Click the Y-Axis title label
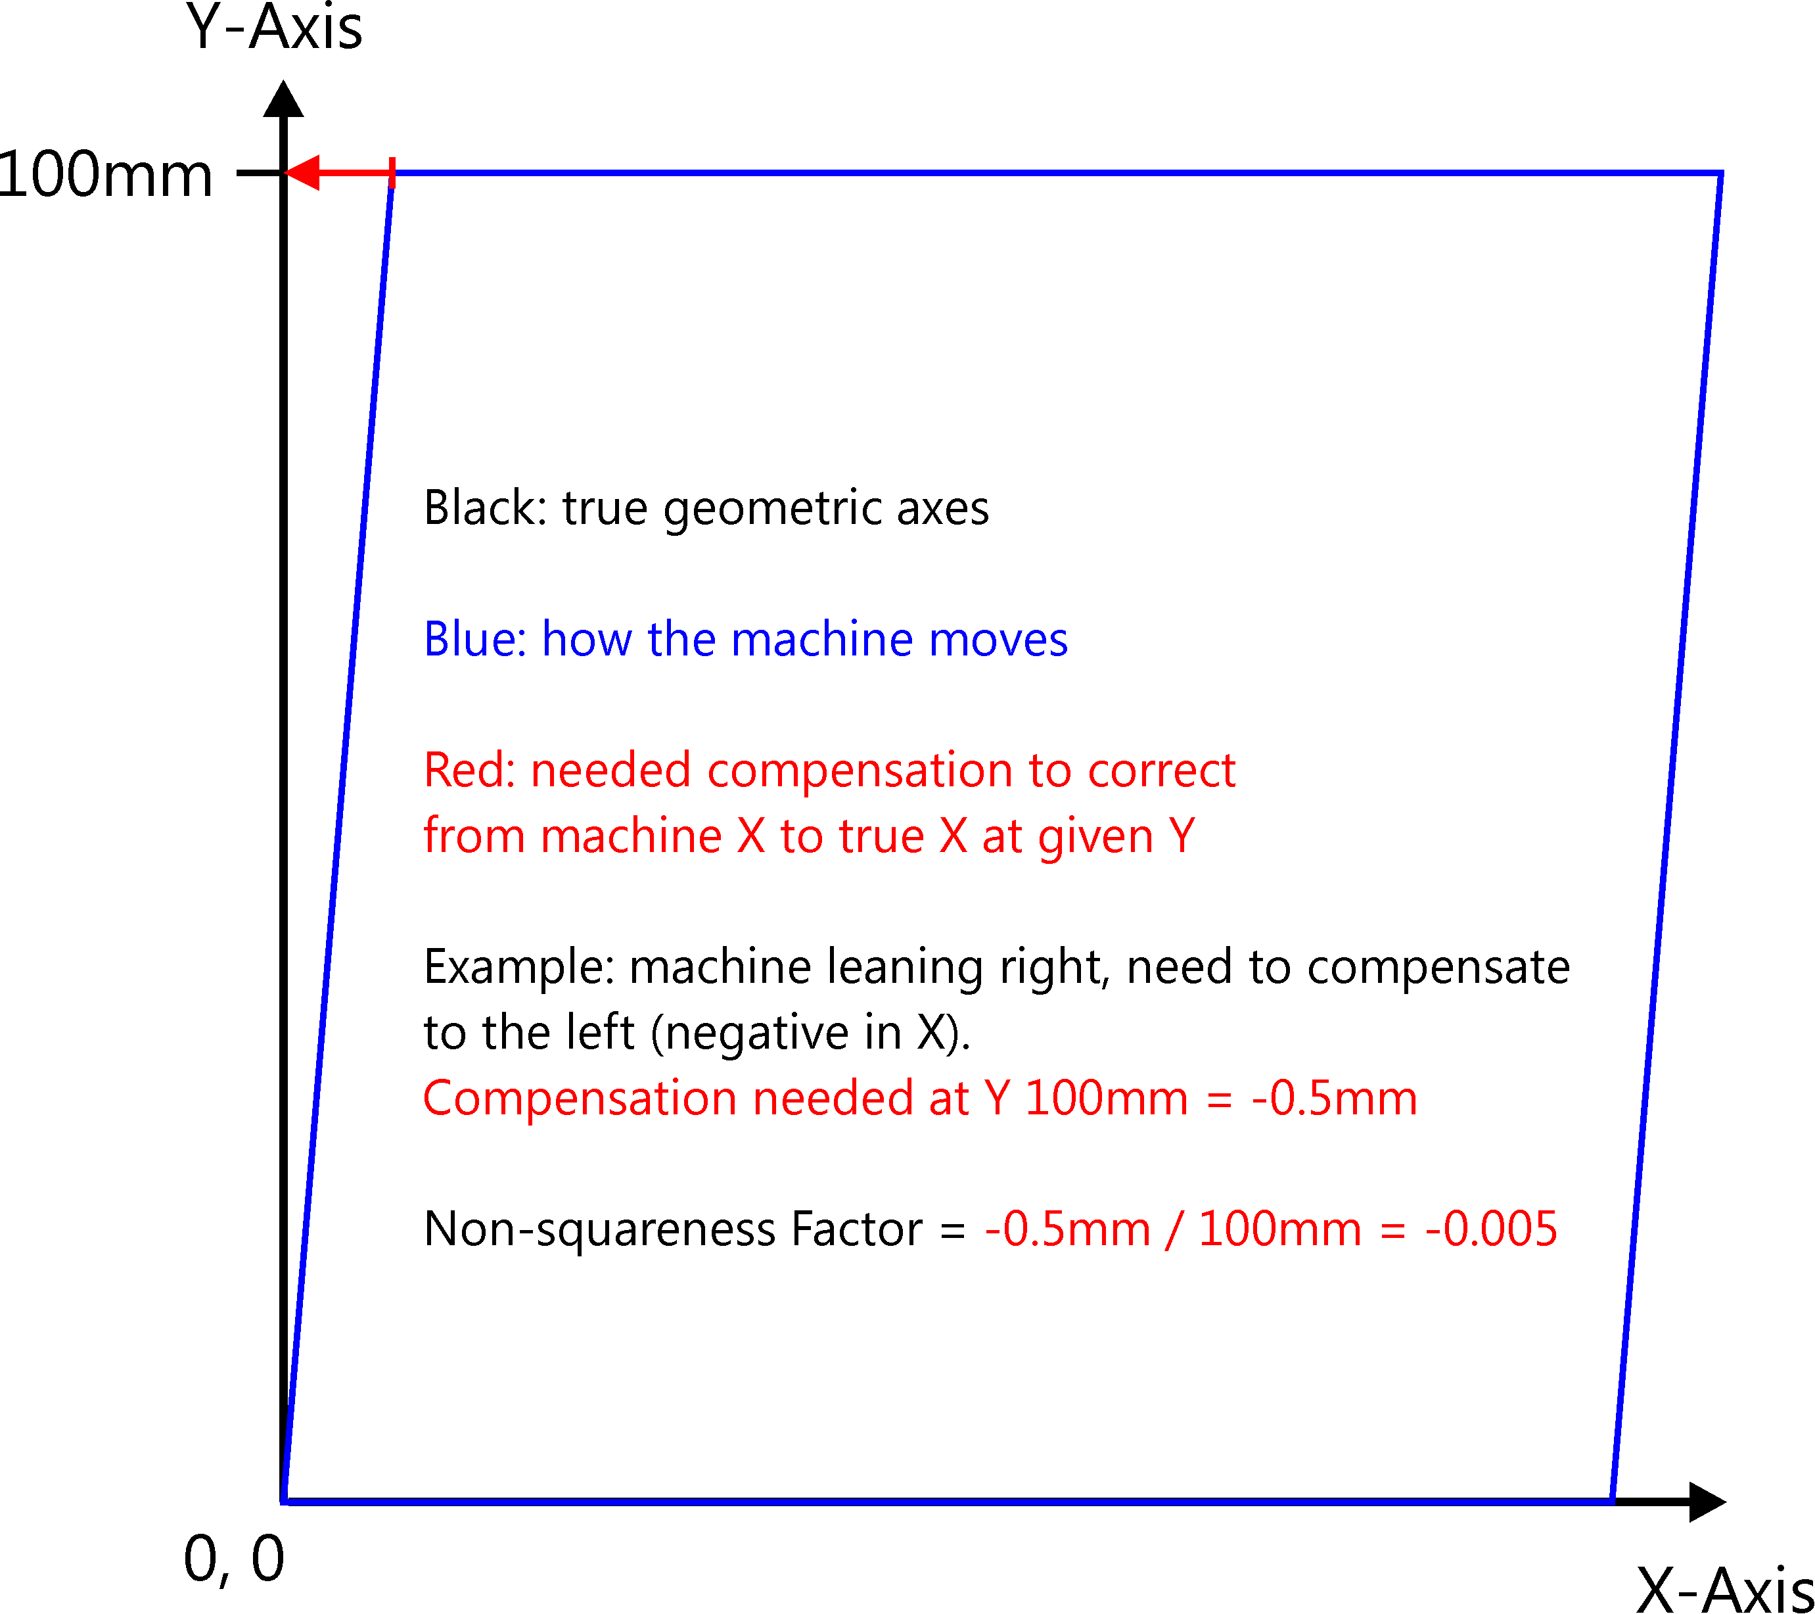[273, 28]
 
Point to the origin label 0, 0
[233, 1558]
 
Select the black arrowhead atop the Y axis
[283, 99]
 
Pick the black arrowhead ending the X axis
[1706, 1502]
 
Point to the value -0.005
[1491, 1229]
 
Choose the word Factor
[856, 1229]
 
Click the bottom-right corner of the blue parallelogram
[1613, 1500]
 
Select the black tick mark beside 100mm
[258, 173]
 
